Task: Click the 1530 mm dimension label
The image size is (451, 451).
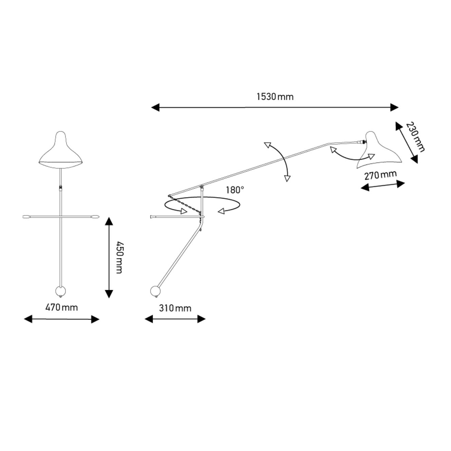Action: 275,97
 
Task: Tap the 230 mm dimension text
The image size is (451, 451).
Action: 415,137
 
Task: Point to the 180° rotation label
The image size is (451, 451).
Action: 235,190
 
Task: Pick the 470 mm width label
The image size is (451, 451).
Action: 62,307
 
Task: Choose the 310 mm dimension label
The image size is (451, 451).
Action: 175,308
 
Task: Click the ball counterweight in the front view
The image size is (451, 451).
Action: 61,291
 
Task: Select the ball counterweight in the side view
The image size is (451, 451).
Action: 155,291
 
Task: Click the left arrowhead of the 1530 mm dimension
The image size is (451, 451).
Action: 155,107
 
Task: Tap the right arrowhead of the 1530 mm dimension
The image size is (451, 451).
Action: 394,107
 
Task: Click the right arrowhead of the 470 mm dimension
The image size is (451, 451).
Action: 95,319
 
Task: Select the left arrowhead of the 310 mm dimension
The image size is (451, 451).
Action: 149,319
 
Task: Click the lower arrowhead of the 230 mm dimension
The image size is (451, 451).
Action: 414,159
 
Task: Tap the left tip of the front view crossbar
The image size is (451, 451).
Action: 23,217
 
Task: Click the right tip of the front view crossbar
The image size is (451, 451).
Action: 99,217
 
